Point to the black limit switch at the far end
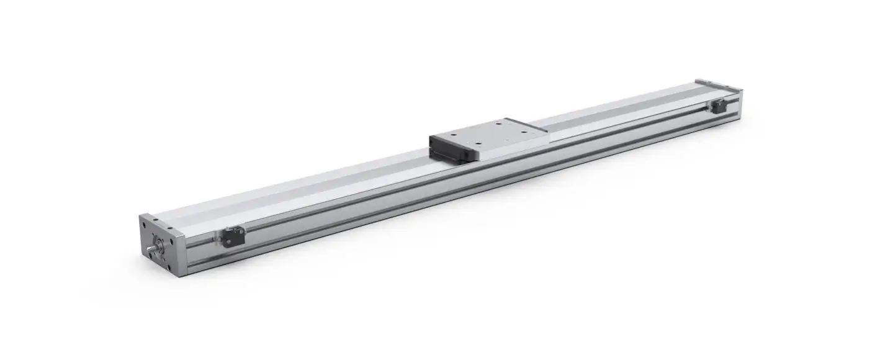pos(719,107)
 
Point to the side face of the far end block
pos(737,102)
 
